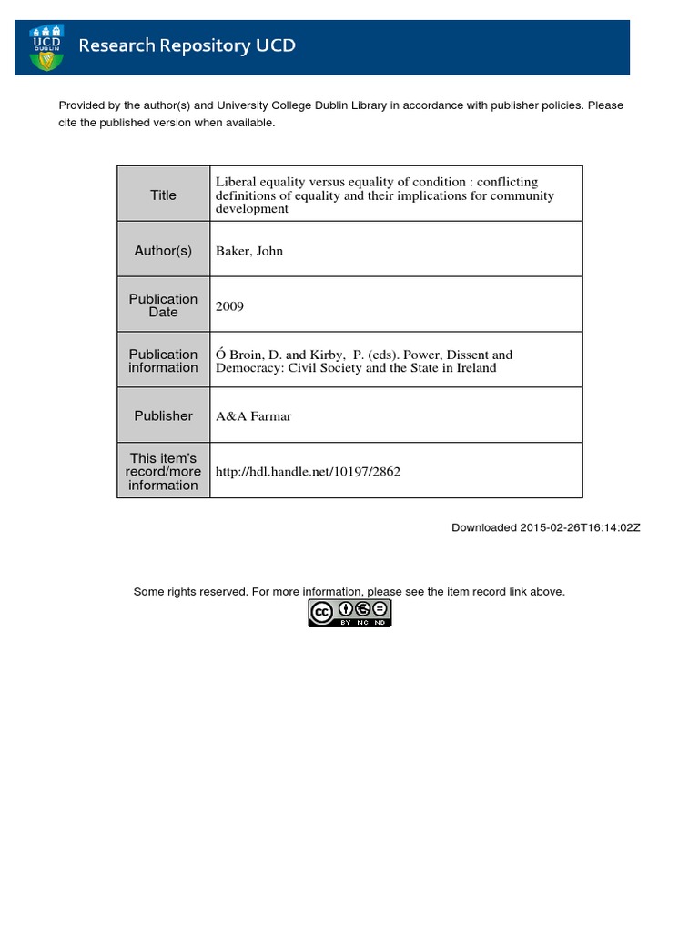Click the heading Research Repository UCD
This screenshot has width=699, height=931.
point(187,45)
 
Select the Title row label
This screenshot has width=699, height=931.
point(163,195)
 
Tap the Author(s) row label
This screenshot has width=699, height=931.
point(163,250)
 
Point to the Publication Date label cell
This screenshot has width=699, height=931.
point(163,305)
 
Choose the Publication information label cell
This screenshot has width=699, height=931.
point(163,361)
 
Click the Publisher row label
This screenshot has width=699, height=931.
point(163,415)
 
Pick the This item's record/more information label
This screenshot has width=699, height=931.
point(163,471)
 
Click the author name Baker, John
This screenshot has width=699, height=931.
point(249,251)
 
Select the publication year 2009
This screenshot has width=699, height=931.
point(229,306)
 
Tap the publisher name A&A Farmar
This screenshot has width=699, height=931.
point(253,416)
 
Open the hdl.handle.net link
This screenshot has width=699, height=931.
point(308,472)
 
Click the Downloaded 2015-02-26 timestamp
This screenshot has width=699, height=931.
point(546,528)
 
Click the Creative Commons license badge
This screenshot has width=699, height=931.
point(349,613)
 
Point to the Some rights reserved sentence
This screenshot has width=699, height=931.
point(349,592)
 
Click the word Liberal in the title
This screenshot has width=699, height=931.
point(236,182)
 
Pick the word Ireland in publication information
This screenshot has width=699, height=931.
point(474,368)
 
